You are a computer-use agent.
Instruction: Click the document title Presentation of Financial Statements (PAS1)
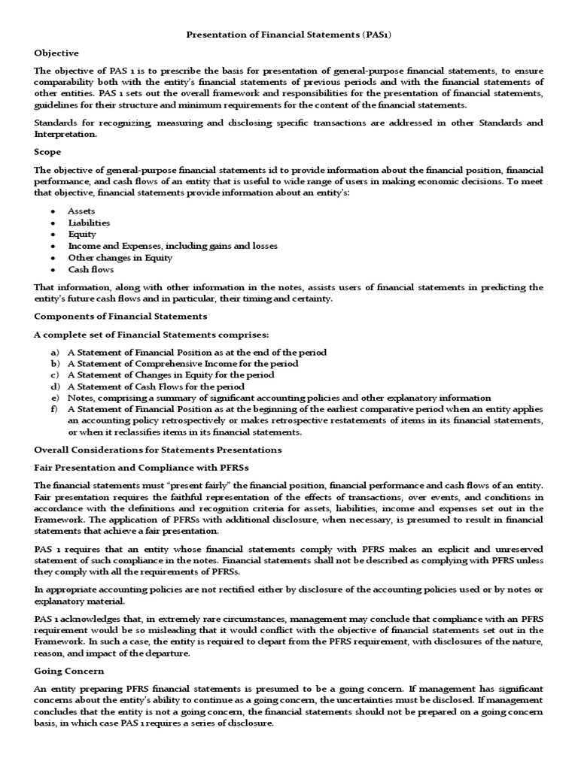[288, 35]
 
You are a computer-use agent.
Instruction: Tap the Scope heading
[47, 151]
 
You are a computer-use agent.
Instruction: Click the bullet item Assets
[82, 211]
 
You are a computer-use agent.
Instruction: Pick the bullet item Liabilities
[89, 223]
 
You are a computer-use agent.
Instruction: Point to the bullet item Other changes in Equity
[120, 257]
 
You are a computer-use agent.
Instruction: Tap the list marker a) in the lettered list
[55, 352]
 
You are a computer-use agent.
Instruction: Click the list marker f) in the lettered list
[55, 409]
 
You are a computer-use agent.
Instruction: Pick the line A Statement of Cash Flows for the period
[156, 387]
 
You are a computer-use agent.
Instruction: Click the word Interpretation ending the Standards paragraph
[65, 134]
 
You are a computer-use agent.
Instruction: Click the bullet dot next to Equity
[53, 235]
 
